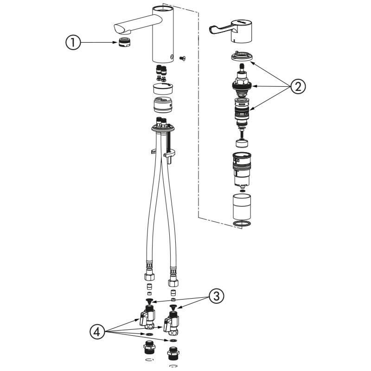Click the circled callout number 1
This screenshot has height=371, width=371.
(x=73, y=43)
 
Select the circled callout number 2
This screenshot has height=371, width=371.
(x=298, y=86)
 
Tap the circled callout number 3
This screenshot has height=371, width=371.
(x=216, y=296)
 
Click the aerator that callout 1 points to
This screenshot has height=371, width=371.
(x=125, y=42)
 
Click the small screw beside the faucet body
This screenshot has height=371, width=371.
(x=182, y=58)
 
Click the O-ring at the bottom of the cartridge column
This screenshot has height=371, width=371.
(x=242, y=224)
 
